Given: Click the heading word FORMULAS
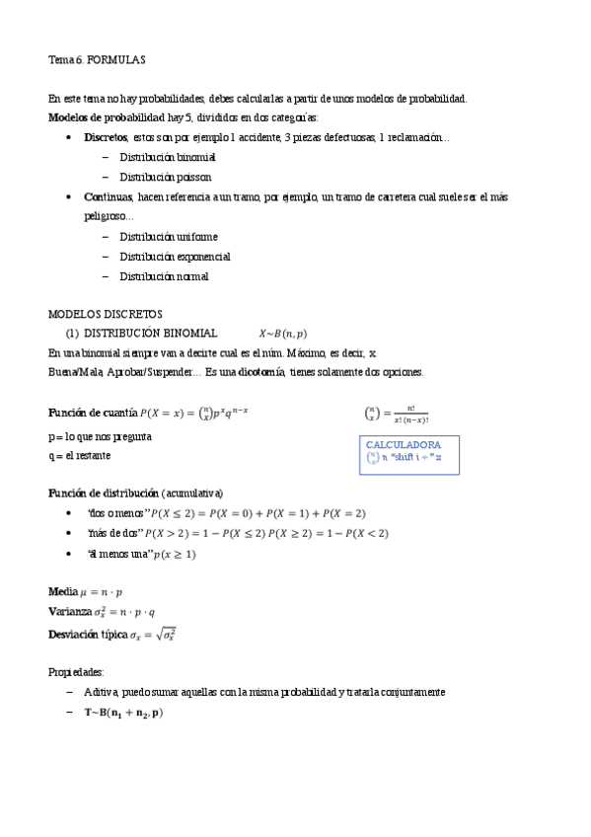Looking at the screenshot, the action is coord(116,60).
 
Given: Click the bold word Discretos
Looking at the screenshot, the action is coord(106,137).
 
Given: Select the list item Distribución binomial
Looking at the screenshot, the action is coord(168,157).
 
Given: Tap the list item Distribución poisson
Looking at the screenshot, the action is coord(166,177).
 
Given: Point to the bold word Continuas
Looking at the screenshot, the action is coord(108,197).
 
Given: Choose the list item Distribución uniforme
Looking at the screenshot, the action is coord(169,237).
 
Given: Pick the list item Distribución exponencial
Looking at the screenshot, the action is coord(175,257).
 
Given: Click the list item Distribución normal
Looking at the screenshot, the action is coord(164,276).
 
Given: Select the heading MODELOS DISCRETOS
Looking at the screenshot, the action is coord(106,314).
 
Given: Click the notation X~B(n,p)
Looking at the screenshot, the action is coord(282,334).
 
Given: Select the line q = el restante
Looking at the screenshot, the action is coord(80,455).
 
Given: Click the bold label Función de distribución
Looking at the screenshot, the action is coord(104,493).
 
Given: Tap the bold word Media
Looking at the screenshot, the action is coord(63,591).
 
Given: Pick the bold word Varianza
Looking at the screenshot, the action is coord(70,611).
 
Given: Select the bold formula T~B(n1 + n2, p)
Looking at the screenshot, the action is coord(123,712).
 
